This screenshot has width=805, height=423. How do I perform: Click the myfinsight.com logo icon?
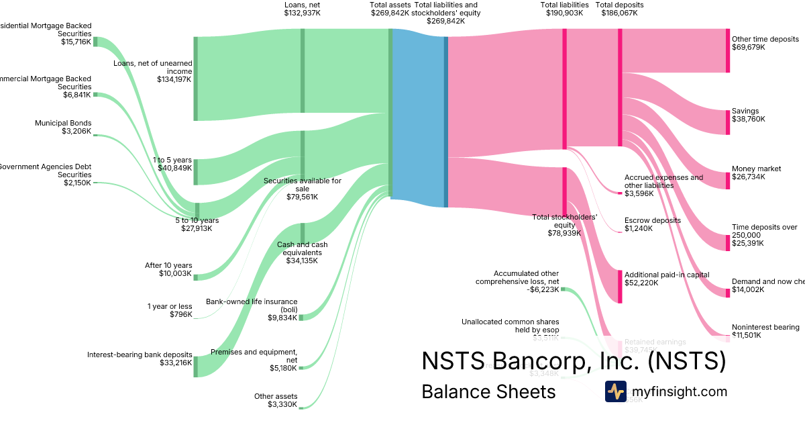615,391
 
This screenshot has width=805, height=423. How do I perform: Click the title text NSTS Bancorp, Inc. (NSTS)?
574,361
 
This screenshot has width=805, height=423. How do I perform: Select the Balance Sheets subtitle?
488,391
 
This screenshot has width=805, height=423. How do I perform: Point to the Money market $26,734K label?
757,173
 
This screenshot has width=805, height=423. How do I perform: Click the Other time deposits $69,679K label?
765,43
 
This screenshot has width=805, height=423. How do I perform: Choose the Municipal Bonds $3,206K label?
63,127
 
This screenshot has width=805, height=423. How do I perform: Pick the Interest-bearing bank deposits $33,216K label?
140,359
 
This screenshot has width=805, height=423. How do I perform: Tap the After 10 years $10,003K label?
168,269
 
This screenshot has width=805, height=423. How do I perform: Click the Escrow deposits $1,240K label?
652,224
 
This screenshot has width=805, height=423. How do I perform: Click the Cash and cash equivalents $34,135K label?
302,252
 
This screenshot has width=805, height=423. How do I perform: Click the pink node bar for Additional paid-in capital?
620,286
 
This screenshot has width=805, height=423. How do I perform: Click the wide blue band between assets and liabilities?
418,114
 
